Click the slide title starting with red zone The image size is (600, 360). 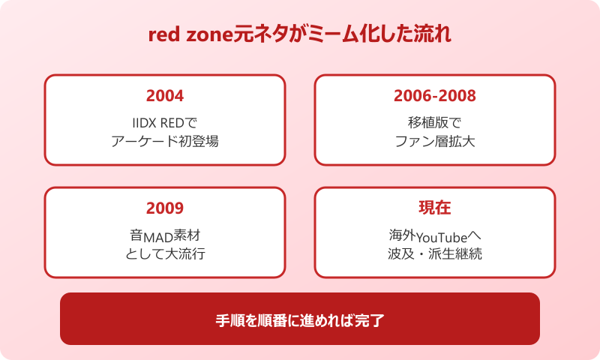click(299, 36)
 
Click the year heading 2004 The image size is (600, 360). click(165, 96)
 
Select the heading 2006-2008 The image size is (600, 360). click(435, 96)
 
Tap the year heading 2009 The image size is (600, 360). click(165, 208)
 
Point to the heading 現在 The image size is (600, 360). click(435, 208)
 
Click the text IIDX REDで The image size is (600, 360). click(165, 122)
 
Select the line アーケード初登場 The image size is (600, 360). click(165, 140)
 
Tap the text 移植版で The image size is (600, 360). click(435, 122)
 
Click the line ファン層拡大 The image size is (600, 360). click(435, 140)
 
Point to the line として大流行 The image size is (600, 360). click(165, 253)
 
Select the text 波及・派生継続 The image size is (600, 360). click(435, 253)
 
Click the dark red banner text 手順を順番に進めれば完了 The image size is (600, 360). click(300, 319)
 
